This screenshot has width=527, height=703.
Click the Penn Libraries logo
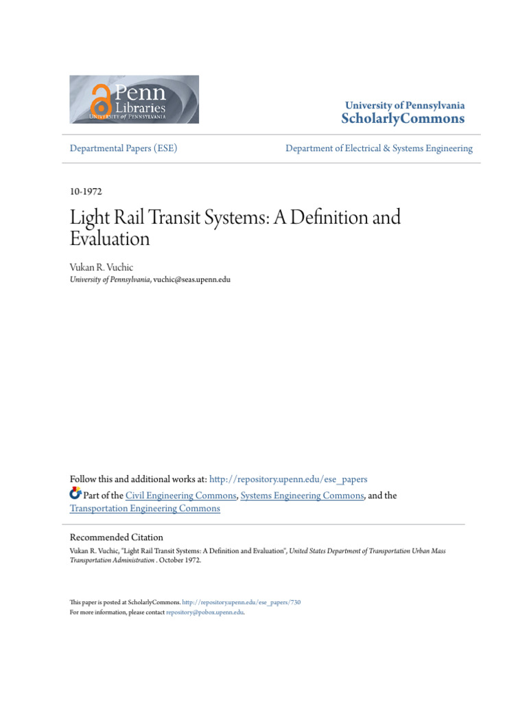click(x=134, y=100)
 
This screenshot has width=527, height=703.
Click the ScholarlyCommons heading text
click(x=403, y=119)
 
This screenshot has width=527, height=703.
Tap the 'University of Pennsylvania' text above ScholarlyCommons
click(x=404, y=106)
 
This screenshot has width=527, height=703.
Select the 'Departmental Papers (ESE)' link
click(x=124, y=148)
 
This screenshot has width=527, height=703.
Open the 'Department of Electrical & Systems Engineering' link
click(x=379, y=148)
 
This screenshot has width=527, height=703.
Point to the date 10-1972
click(x=86, y=192)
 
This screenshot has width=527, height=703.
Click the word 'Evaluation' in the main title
click(x=110, y=239)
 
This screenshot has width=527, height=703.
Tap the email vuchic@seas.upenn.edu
click(x=192, y=279)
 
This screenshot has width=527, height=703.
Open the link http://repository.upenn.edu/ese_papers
click(x=288, y=479)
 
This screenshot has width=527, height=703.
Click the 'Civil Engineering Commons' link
click(x=181, y=496)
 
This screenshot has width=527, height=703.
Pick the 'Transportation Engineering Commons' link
click(x=145, y=509)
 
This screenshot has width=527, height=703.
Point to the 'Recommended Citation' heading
click(x=117, y=538)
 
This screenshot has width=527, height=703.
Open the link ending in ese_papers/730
click(x=255, y=603)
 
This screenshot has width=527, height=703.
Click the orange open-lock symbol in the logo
click(x=101, y=101)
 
